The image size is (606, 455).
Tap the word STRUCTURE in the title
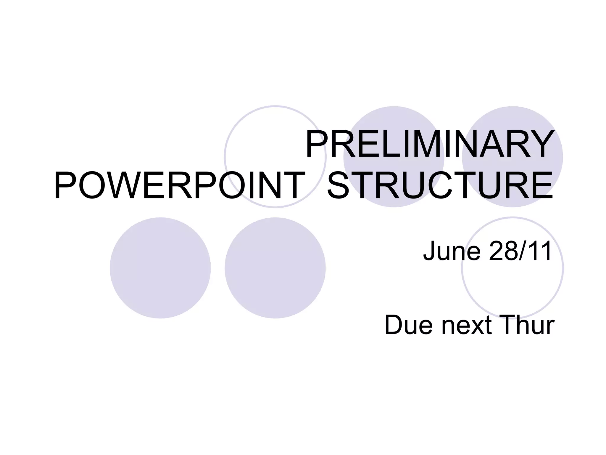[440, 186]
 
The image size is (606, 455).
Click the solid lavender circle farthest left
[160, 268]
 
